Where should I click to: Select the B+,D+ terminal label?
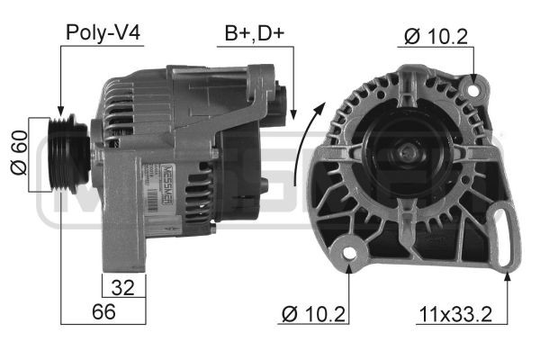[x=255, y=34]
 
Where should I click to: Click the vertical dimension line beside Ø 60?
[x=30, y=155]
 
